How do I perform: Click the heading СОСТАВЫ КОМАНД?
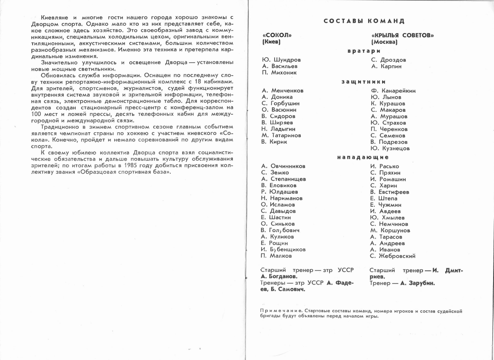(364, 21)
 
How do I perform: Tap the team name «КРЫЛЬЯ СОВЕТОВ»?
(403, 35)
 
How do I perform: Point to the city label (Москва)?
(384, 42)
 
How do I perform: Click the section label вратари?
(361, 51)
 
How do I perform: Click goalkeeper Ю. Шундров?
(281, 60)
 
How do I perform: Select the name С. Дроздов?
(389, 60)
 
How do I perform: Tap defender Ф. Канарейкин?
(393, 91)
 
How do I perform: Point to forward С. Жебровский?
(393, 256)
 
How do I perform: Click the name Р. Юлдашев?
(279, 192)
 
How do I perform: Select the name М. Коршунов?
(390, 230)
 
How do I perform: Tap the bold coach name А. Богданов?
(279, 276)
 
